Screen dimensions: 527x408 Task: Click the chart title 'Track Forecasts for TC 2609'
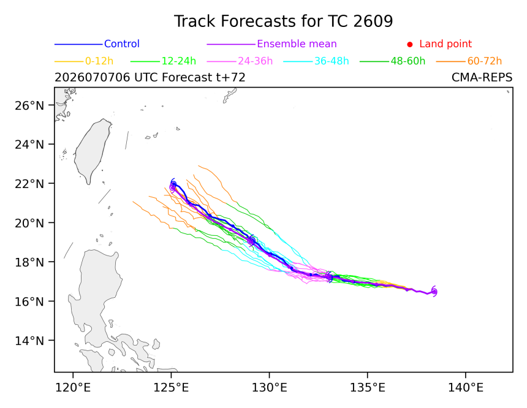pos(283,21)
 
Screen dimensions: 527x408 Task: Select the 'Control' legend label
pos(122,43)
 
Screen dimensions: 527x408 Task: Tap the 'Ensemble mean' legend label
pos(297,43)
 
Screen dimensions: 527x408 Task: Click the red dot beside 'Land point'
pos(410,44)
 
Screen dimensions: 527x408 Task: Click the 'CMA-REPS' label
pos(482,77)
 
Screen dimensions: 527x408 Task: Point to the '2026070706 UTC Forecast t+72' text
pos(150,77)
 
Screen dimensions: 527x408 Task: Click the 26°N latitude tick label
pos(29,105)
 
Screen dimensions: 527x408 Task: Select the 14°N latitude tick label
pos(29,341)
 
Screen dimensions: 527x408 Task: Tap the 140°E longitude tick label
pos(466,388)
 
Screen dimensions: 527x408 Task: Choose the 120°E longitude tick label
pos(73,388)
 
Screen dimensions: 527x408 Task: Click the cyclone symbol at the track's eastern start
pos(434,292)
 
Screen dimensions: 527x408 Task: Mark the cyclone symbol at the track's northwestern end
pos(173,186)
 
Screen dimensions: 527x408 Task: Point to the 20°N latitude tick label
pos(29,223)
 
